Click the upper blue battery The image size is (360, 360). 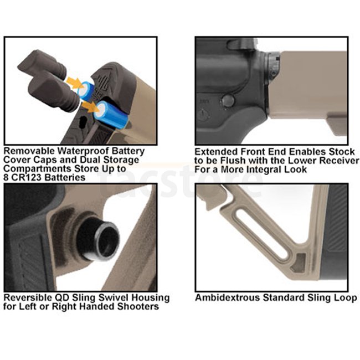pyautogui.click(x=86, y=91)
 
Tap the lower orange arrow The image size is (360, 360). pyautogui.click(x=90, y=107)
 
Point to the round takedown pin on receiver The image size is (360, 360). pyautogui.click(x=228, y=101)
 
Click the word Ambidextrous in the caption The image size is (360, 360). pyautogui.click(x=228, y=298)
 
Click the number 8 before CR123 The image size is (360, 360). pyautogui.click(x=7, y=177)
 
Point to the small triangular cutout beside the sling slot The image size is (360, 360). pyautogui.click(x=299, y=263)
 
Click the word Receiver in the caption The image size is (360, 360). pyautogui.click(x=340, y=161)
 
